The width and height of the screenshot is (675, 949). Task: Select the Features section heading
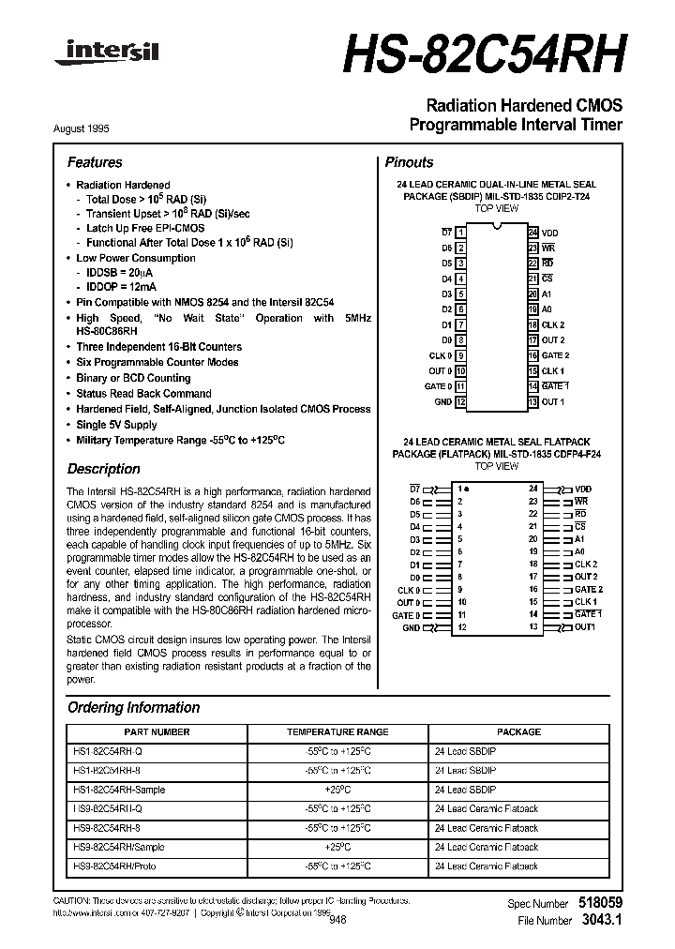tap(95, 162)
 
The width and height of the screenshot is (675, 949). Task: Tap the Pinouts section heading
tap(410, 162)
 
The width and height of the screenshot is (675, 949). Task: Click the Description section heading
tap(104, 469)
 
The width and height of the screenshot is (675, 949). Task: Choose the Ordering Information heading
tap(133, 708)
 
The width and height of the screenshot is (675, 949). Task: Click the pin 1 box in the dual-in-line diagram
tap(461, 232)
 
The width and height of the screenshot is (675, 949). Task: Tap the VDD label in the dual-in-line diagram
tap(550, 232)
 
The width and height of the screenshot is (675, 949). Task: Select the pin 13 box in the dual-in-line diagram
tap(532, 401)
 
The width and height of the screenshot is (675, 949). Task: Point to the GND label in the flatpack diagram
tap(412, 627)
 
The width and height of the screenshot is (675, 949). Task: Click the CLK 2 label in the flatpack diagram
tap(586, 565)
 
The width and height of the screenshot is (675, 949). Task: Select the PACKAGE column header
tap(518, 731)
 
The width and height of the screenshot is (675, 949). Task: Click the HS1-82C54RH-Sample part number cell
tap(118, 791)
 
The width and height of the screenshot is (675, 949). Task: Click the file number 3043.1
tap(601, 921)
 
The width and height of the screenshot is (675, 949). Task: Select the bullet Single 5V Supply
tap(116, 425)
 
